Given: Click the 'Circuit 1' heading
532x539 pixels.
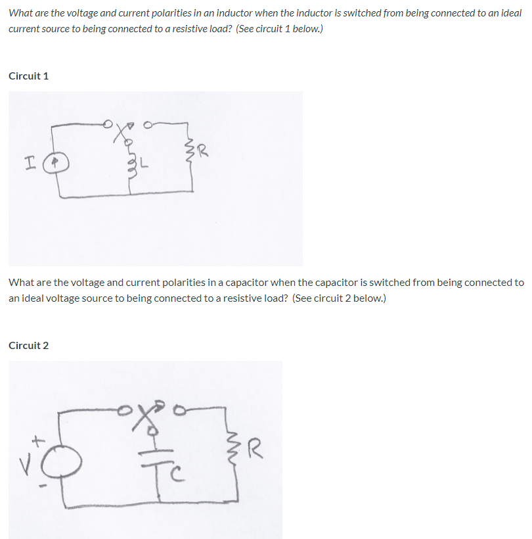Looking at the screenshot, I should pyautogui.click(x=28, y=76).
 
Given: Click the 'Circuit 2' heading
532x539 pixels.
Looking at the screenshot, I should pyautogui.click(x=28, y=345).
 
